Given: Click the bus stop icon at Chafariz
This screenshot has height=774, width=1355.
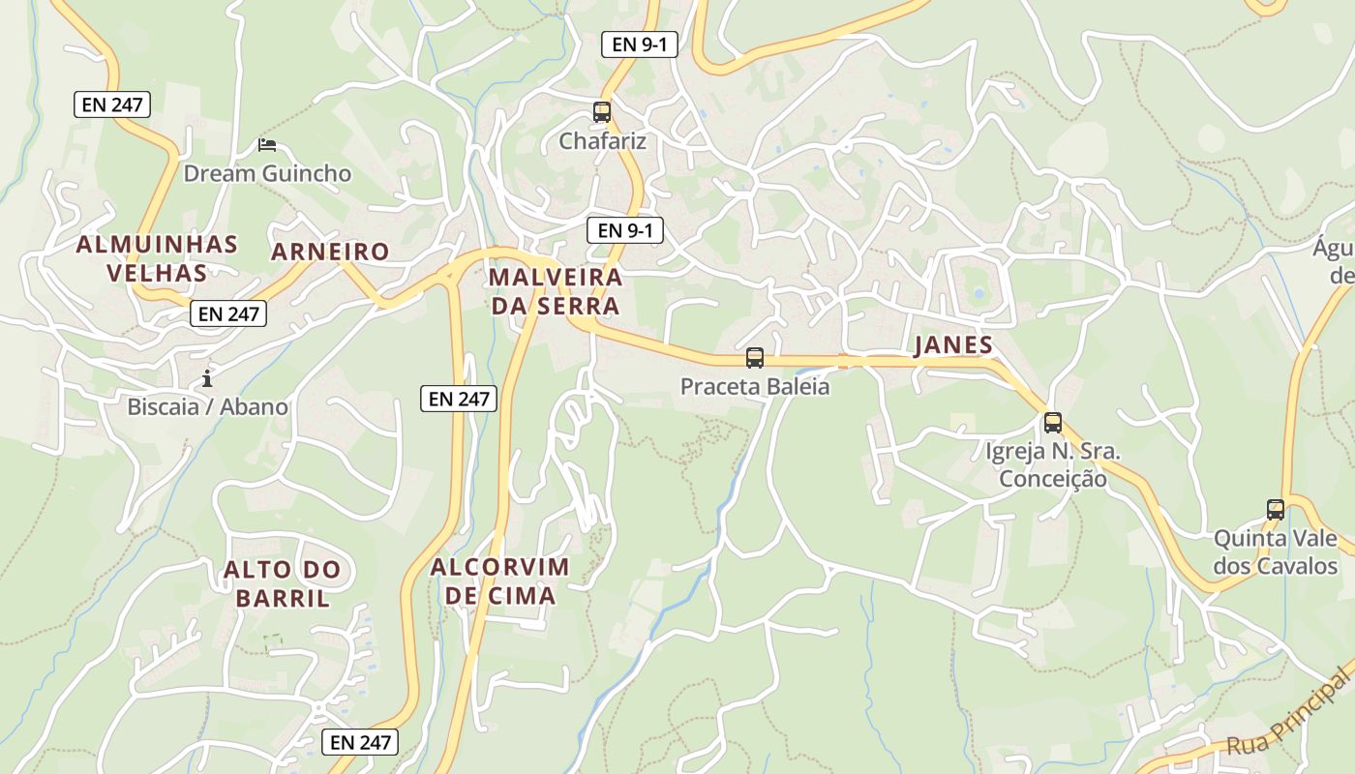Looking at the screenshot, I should point(602,111).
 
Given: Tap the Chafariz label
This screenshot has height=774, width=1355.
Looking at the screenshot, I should point(602,141).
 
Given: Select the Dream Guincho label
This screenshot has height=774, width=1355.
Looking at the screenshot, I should point(267,174).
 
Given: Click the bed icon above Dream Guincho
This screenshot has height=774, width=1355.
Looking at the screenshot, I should point(267,145).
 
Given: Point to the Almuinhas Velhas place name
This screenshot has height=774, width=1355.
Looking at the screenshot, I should point(157,258).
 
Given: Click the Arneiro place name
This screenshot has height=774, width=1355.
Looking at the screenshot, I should point(330,253).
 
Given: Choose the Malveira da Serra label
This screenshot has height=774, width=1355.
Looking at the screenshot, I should point(555,291).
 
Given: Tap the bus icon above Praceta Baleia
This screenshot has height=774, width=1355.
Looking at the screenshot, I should point(755,358).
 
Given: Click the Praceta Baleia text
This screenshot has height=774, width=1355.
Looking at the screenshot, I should point(755,387).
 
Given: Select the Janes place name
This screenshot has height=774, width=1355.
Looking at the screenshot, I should point(953,345).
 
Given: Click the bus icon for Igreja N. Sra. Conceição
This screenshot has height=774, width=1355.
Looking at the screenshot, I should point(1053,423).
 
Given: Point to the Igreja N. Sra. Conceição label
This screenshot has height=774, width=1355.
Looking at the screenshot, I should point(1053,464).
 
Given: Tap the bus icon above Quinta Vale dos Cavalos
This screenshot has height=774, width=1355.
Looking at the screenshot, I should point(1276,510).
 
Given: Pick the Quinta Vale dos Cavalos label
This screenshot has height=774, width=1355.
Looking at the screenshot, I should point(1276,551).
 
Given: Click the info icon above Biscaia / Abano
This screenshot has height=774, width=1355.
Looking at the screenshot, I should point(206,378).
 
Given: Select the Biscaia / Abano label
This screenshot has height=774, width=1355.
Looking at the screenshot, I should point(208,406).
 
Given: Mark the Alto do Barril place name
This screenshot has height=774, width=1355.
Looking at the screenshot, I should point(283,583).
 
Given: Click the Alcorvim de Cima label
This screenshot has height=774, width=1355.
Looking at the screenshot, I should point(499,580).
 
